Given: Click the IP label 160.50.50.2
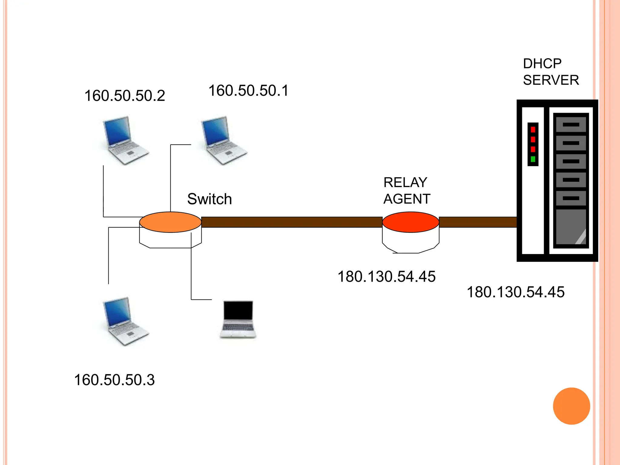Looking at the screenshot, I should pos(125,96).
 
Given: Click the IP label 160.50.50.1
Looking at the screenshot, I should pos(249,91).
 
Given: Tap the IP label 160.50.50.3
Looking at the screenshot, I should pos(114,380).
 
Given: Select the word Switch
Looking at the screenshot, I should pos(209,199).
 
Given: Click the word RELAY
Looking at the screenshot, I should pos(405,183).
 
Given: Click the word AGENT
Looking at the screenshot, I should pos(407,199).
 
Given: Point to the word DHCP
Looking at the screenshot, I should pos(542,64).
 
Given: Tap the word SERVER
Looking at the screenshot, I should pos(551,80).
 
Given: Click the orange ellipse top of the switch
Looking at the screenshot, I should pos(170,222).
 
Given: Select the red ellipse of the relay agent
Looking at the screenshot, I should pos(411,222).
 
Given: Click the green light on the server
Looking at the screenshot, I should pos(533,159).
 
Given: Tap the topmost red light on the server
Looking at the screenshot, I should pos(533,130).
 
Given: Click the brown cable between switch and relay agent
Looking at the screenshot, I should pos(292,222).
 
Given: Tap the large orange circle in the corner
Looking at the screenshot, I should pos(571,406).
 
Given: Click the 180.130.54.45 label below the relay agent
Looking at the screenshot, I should pos(387,276).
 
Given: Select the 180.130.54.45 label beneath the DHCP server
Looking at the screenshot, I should pos(516,292).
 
